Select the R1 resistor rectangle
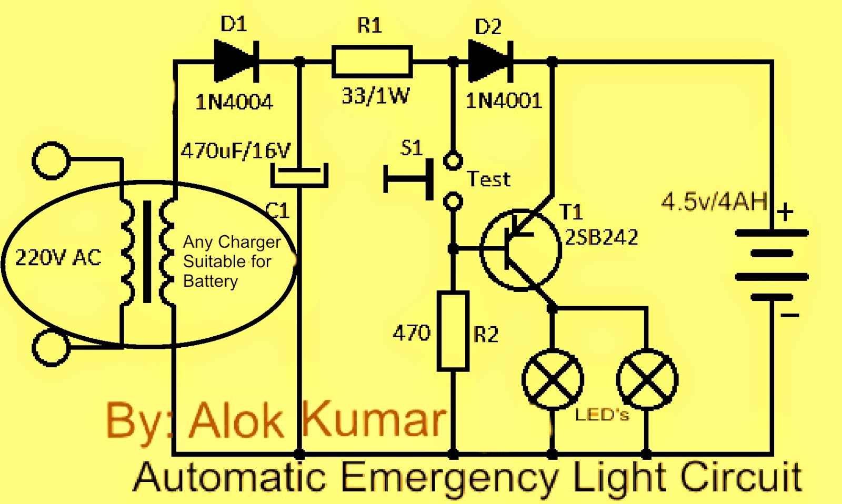372,62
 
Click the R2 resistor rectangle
453,331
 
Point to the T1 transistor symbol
520,249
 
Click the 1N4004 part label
234,102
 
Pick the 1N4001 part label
504,100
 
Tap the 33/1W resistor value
375,96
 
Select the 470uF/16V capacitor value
235,151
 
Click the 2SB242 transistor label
602,237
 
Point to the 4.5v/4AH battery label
714,201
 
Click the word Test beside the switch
489,179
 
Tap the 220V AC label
58,258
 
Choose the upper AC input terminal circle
51,160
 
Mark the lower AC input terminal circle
51,348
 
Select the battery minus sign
789,315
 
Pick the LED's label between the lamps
602,415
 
